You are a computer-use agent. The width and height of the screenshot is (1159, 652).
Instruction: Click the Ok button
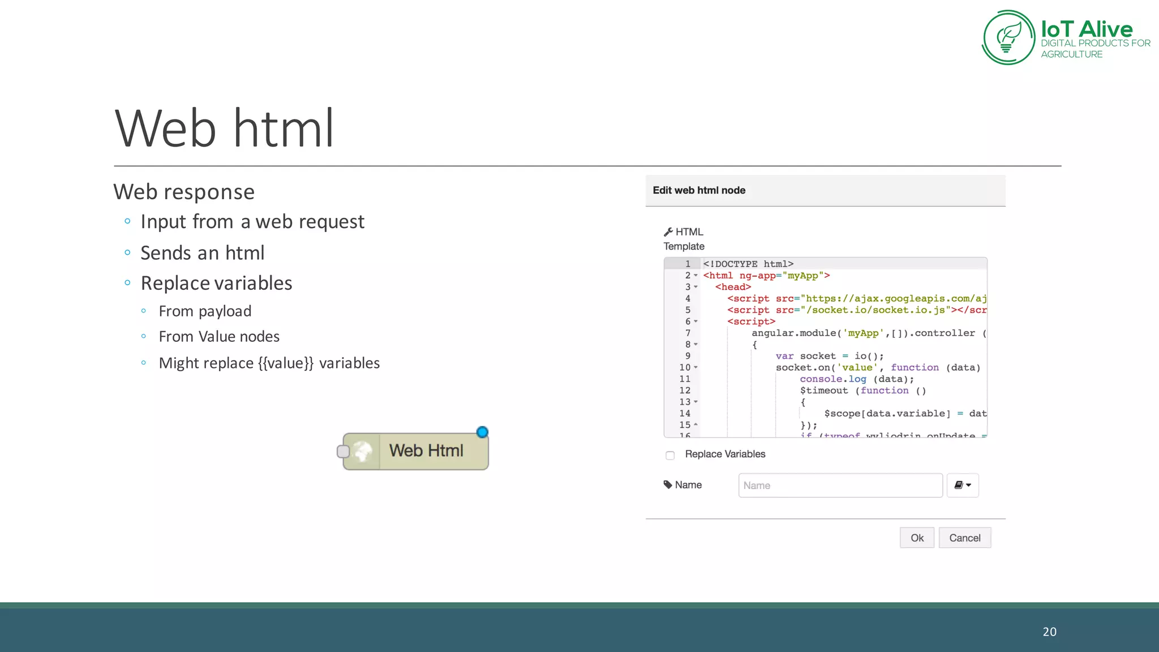[917, 538]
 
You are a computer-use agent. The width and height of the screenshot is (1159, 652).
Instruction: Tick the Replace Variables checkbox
[670, 455]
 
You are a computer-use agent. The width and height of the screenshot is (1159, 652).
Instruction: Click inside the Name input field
[840, 486]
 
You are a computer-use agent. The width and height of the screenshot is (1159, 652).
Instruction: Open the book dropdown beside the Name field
[963, 486]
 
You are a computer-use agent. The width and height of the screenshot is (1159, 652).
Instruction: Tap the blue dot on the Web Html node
[482, 432]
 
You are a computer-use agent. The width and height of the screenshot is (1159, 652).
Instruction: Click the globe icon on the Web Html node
[363, 451]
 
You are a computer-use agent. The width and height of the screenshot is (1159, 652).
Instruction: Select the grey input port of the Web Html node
[343, 452]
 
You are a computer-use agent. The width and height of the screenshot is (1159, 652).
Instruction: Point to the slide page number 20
[1049, 632]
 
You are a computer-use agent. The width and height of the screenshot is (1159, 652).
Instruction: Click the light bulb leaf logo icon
[1008, 37]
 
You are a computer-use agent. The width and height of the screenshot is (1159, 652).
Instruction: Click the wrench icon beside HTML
[668, 232]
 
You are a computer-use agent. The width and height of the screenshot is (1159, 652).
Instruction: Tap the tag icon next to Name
[668, 485]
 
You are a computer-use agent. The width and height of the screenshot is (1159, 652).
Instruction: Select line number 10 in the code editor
[685, 368]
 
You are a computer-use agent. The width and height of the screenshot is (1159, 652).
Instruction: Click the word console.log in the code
[833, 379]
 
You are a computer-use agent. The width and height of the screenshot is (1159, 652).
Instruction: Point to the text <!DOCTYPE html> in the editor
[748, 264]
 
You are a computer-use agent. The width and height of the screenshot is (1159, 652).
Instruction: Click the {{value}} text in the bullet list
[286, 363]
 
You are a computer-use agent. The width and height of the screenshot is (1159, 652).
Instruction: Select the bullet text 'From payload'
[205, 311]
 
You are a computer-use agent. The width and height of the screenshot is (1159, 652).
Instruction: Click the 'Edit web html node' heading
[699, 191]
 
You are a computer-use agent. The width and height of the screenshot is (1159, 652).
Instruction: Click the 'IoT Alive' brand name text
[1087, 29]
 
